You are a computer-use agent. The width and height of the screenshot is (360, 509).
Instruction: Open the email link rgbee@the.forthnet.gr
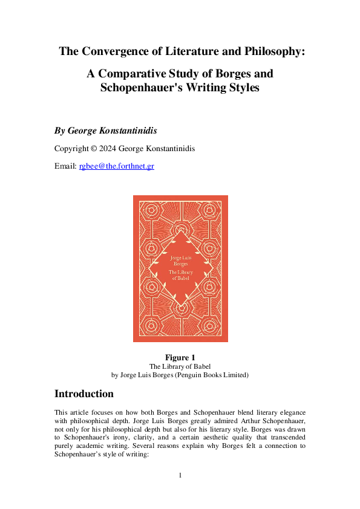[x=116, y=165]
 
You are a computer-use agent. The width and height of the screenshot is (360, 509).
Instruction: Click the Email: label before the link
[x=65, y=165]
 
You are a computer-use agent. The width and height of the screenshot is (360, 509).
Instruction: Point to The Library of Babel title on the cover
[x=180, y=276]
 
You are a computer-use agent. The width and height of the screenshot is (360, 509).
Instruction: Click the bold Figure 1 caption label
[x=180, y=357]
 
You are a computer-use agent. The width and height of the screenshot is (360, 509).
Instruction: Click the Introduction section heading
[x=83, y=394]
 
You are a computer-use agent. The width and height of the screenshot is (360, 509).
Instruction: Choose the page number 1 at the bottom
[x=180, y=475]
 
